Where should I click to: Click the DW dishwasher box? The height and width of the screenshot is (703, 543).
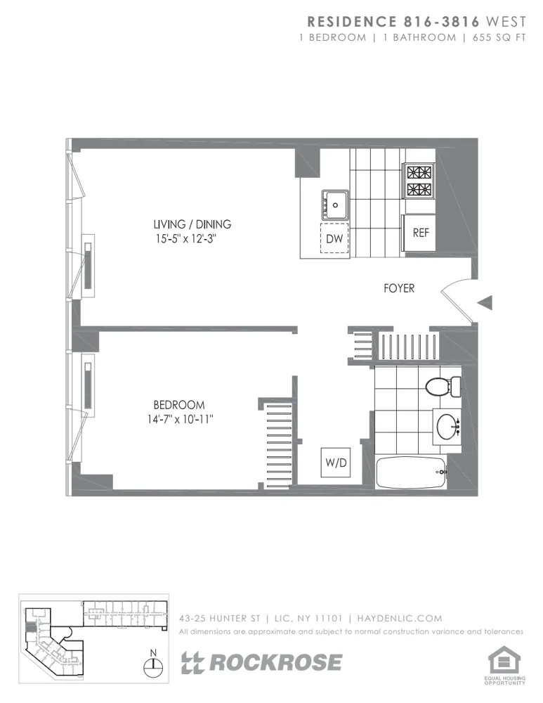point(335,239)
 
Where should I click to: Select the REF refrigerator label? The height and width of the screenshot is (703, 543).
point(420,233)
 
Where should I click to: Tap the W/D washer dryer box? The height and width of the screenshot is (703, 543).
point(335,463)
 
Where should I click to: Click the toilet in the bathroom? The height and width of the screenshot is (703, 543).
point(440,386)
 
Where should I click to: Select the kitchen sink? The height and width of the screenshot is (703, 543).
point(336,205)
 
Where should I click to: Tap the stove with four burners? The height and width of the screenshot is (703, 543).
point(418,181)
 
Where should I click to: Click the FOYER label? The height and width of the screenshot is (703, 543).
point(398,288)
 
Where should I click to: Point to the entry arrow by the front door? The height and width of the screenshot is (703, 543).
point(485,302)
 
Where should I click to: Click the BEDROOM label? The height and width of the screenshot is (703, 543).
point(179,405)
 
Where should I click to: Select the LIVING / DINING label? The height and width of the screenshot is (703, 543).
point(192,224)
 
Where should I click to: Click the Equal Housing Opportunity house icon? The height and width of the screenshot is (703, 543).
point(505,661)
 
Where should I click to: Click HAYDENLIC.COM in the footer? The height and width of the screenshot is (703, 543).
point(400,619)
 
